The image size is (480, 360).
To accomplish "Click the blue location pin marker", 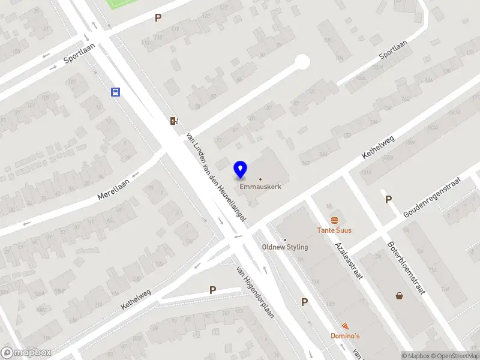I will point(241,170).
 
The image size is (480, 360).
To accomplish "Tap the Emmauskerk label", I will point(260,187).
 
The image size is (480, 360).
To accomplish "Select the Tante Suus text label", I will point(334,230).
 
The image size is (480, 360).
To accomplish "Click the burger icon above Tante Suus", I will point(334,220).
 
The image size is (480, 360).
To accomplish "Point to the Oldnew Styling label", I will point(285,247).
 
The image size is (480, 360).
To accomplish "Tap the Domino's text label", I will point(345,335).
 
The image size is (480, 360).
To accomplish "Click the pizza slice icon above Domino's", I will point(345,325).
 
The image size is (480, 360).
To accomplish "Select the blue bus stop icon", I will point(115,92).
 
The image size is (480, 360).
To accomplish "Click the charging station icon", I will point(174,121).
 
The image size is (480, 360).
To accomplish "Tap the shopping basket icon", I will point(399,295).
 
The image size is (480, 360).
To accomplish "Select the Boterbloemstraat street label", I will point(406,267).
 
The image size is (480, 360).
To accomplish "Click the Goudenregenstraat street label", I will point(432,197).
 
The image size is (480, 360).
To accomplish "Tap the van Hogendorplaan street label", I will point(255,292).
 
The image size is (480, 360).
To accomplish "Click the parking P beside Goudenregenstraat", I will point(388,200).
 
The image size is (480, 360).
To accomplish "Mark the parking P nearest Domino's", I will point(305,302).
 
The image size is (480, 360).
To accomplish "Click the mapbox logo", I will point(26,352).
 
